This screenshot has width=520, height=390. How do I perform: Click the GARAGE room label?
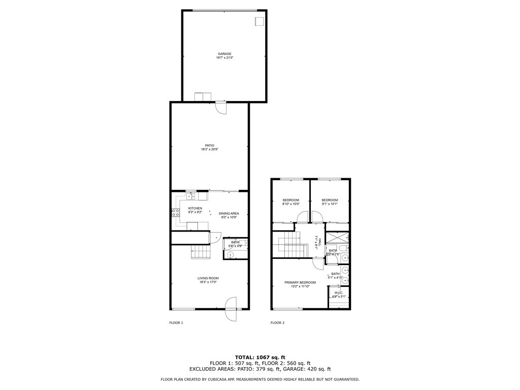tap(224, 54)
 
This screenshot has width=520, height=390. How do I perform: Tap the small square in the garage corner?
tap(259, 21)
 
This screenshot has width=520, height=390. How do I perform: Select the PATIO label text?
tap(209, 145)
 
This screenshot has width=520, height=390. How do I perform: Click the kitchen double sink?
tap(191, 197)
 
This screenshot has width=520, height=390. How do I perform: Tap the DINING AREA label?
tap(229, 213)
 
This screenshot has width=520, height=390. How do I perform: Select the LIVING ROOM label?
tap(208, 278)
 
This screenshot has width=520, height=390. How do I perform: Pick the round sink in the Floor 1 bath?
tap(230, 255)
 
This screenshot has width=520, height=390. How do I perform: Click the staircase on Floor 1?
tap(200, 251)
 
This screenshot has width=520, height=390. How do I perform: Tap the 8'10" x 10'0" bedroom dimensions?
tap(291, 204)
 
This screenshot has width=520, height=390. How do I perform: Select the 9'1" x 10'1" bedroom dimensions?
tap(330, 204)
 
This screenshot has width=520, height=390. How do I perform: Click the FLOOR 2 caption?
tap(277, 322)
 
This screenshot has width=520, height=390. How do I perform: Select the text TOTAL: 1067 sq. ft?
tap(259, 357)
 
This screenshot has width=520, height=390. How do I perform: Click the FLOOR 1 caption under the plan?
tap(176, 322)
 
